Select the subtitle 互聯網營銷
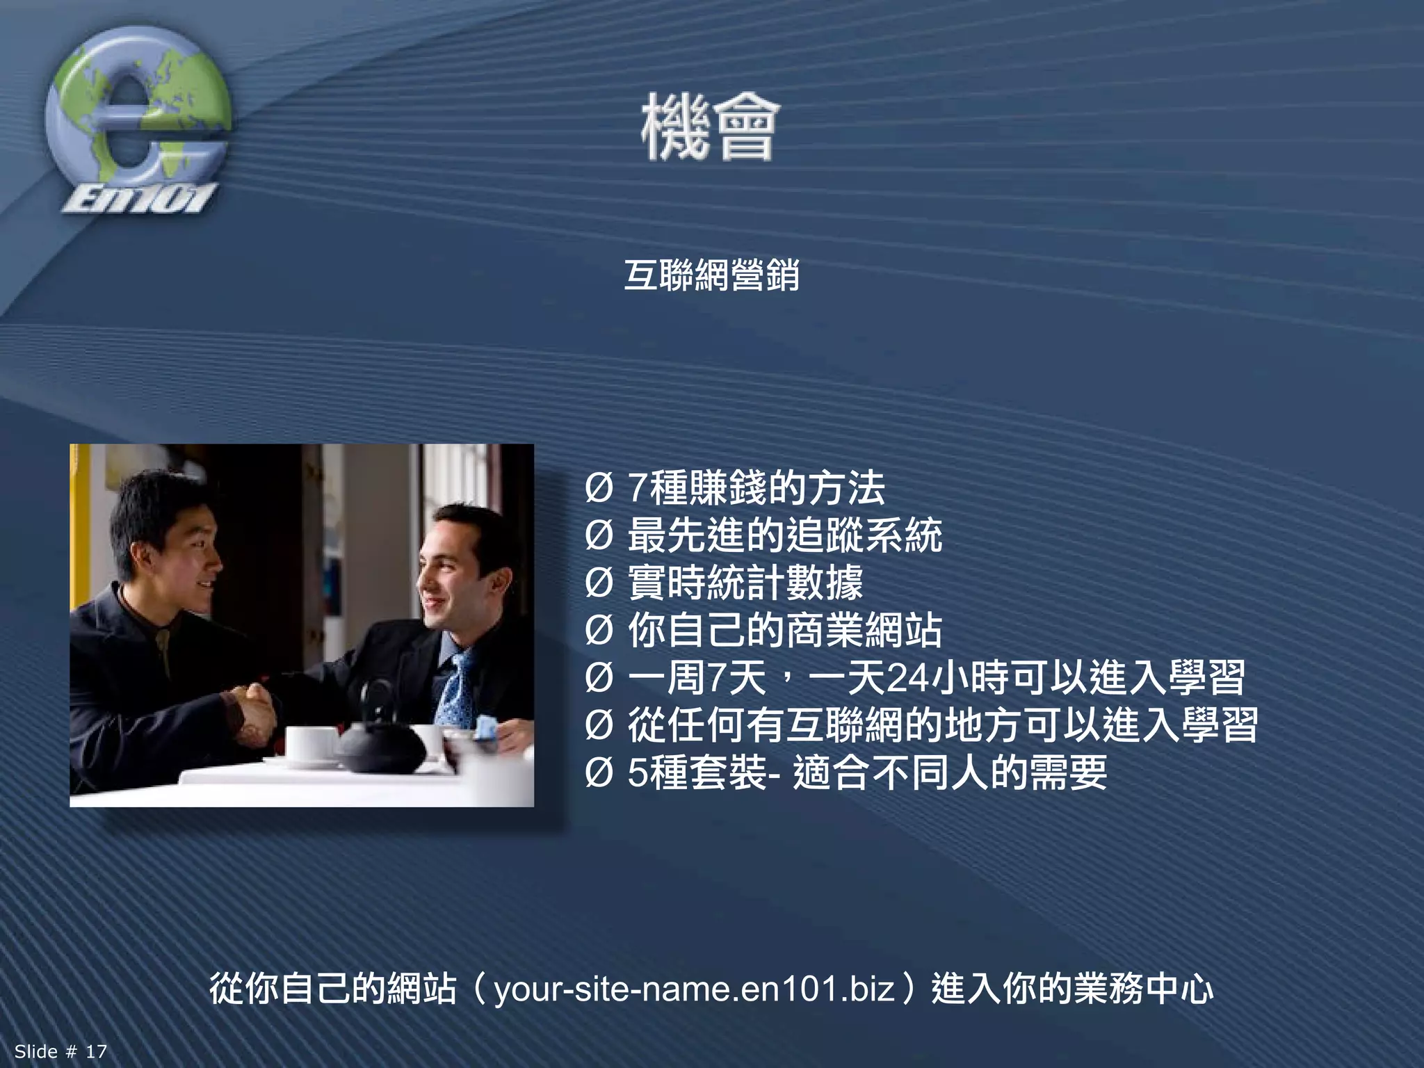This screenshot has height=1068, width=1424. point(711,275)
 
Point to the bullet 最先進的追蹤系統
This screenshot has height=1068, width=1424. point(784,535)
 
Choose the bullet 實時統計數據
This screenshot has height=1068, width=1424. point(745,583)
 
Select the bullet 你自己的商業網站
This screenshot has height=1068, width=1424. point(784,630)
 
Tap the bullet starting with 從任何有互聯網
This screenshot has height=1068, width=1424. point(942,725)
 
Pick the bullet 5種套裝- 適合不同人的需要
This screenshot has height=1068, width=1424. point(866,772)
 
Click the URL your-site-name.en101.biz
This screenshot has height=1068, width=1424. point(694,989)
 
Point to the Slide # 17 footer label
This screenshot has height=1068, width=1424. point(61,1051)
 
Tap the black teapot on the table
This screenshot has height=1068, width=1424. point(381,744)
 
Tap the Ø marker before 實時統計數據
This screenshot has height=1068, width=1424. point(599,583)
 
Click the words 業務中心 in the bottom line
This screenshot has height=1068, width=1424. point(1143,989)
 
